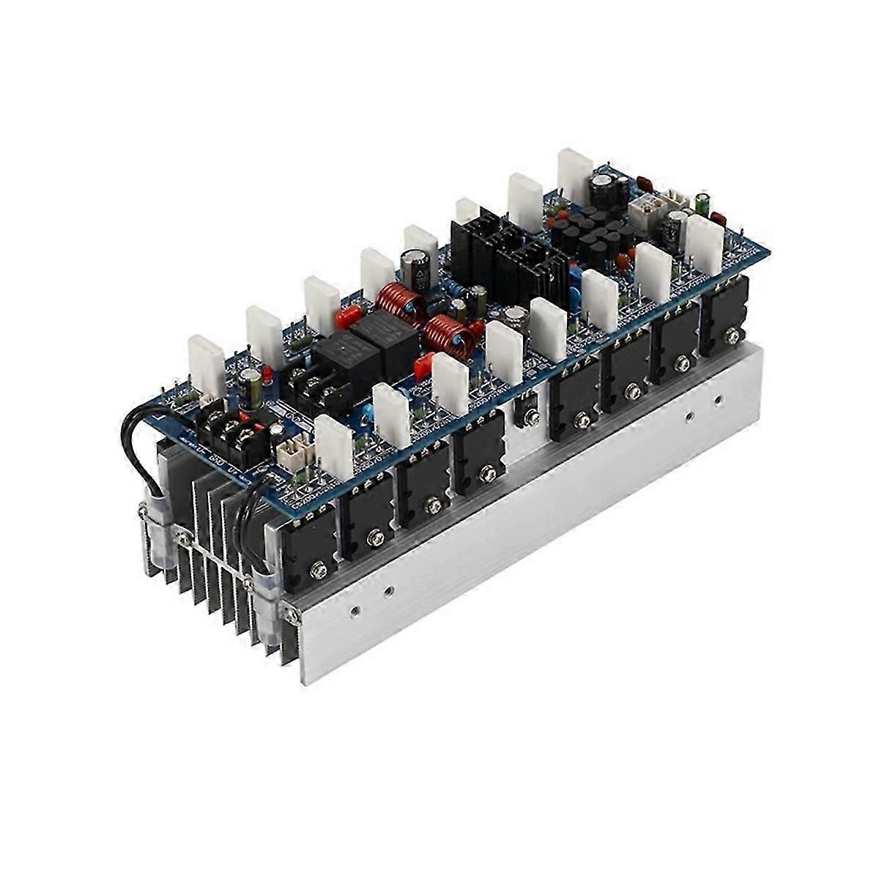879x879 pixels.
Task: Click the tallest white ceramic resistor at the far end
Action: coord(576,175)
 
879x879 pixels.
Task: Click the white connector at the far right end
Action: coord(678,200)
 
